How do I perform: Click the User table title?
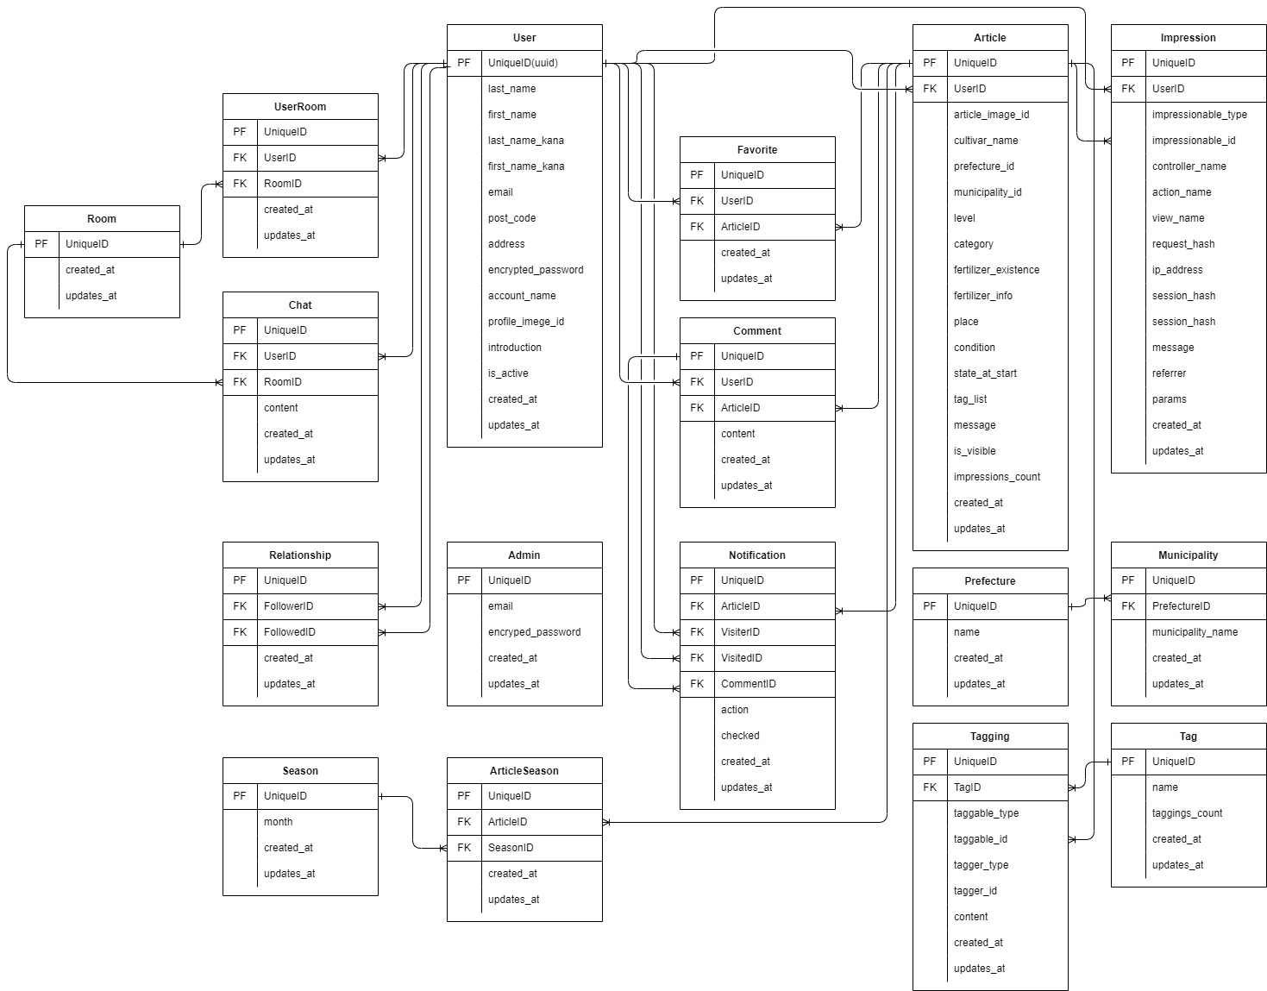click(x=524, y=38)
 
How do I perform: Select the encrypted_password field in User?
click(x=536, y=270)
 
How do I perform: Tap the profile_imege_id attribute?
click(x=525, y=322)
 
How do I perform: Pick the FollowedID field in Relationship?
click(x=289, y=632)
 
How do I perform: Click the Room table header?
click(x=102, y=219)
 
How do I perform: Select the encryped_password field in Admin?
click(x=534, y=632)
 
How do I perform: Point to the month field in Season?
click(x=278, y=822)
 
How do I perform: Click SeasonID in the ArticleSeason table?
click(x=511, y=848)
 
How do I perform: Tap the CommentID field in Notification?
click(x=748, y=684)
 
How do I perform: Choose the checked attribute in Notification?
click(x=740, y=736)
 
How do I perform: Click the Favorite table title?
click(x=757, y=150)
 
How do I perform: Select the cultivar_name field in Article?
click(x=986, y=141)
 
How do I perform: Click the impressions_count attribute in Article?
click(x=996, y=477)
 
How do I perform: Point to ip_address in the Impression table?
click(x=1176, y=270)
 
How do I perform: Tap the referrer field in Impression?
click(x=1169, y=373)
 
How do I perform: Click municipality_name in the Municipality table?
click(x=1195, y=632)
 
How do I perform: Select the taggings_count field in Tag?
click(x=1187, y=813)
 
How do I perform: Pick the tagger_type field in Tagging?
click(x=981, y=865)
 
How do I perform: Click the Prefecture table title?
click(x=990, y=581)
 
